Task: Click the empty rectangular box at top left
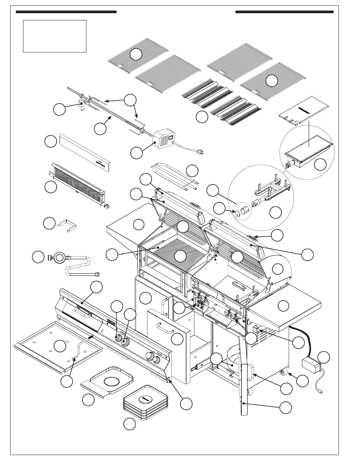point(55,36)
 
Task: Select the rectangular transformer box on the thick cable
point(310,365)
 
